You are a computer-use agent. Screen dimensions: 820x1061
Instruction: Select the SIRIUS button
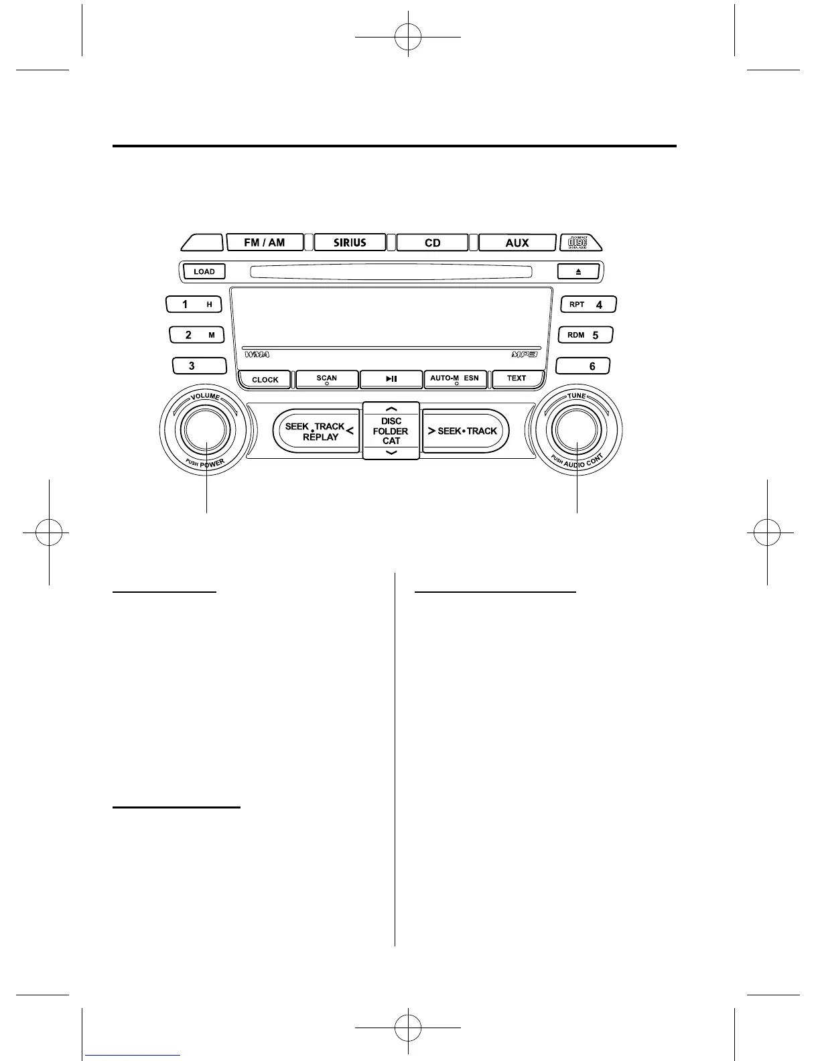pyautogui.click(x=350, y=242)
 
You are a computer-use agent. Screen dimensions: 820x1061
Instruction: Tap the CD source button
pyautogui.click(x=432, y=242)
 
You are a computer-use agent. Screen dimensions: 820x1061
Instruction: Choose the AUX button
pyautogui.click(x=517, y=242)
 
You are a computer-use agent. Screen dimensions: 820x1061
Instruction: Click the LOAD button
pyautogui.click(x=204, y=271)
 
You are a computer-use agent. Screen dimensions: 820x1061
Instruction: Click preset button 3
pyautogui.click(x=199, y=366)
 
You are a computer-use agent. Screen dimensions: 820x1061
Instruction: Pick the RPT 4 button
pyautogui.click(x=588, y=305)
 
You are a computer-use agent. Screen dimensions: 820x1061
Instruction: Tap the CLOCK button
pyautogui.click(x=265, y=380)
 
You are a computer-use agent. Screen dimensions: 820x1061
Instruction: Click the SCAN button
pyautogui.click(x=326, y=379)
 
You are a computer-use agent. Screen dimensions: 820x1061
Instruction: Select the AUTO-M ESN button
pyautogui.click(x=455, y=379)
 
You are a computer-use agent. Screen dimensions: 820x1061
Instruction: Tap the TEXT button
pyautogui.click(x=517, y=379)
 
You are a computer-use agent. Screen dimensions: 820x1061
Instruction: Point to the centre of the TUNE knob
pyautogui.click(x=577, y=431)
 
